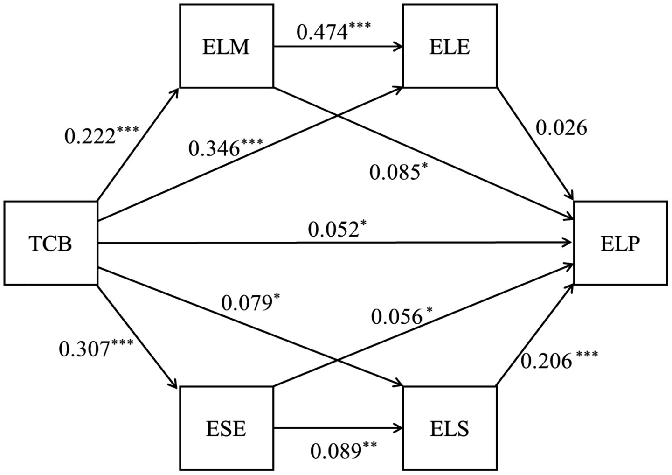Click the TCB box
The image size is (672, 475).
50,243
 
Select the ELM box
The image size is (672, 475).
226,47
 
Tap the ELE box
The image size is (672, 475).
450,47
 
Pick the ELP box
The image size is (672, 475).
621,243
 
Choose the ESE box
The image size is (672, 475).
226,428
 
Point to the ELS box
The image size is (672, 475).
450,428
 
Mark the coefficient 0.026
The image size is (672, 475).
561,128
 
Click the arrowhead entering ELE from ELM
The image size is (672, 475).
399,47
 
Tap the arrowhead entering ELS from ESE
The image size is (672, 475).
399,428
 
